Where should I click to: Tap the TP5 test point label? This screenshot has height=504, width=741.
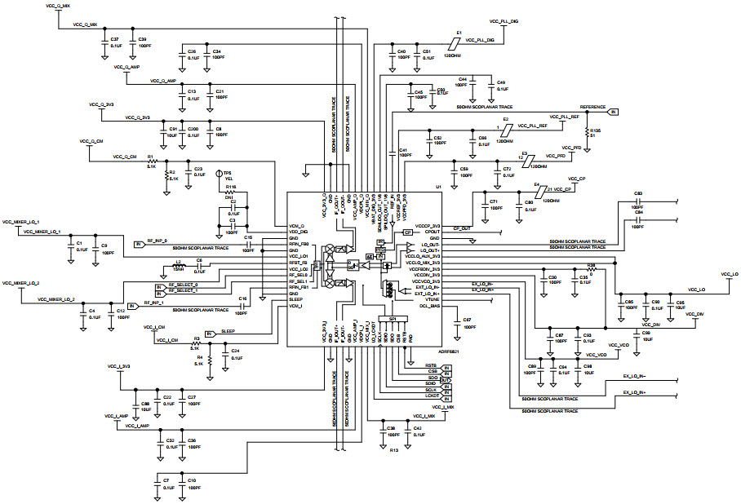(x=228, y=174)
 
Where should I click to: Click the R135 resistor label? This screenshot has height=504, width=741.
(x=595, y=130)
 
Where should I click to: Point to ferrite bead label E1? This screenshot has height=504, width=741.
(x=459, y=32)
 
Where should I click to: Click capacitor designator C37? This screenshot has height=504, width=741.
(x=114, y=39)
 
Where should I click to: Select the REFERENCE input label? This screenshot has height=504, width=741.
(x=592, y=107)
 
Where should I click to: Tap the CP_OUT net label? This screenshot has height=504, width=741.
(x=462, y=229)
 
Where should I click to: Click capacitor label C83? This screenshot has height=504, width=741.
(x=639, y=193)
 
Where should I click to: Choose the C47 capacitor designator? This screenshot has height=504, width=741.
(x=467, y=319)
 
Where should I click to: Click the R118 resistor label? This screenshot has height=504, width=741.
(x=231, y=187)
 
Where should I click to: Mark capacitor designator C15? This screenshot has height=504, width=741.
(x=248, y=237)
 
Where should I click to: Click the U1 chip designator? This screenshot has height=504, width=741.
(x=437, y=187)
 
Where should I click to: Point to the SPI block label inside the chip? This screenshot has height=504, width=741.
(x=393, y=319)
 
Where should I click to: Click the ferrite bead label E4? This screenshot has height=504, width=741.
(x=536, y=185)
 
